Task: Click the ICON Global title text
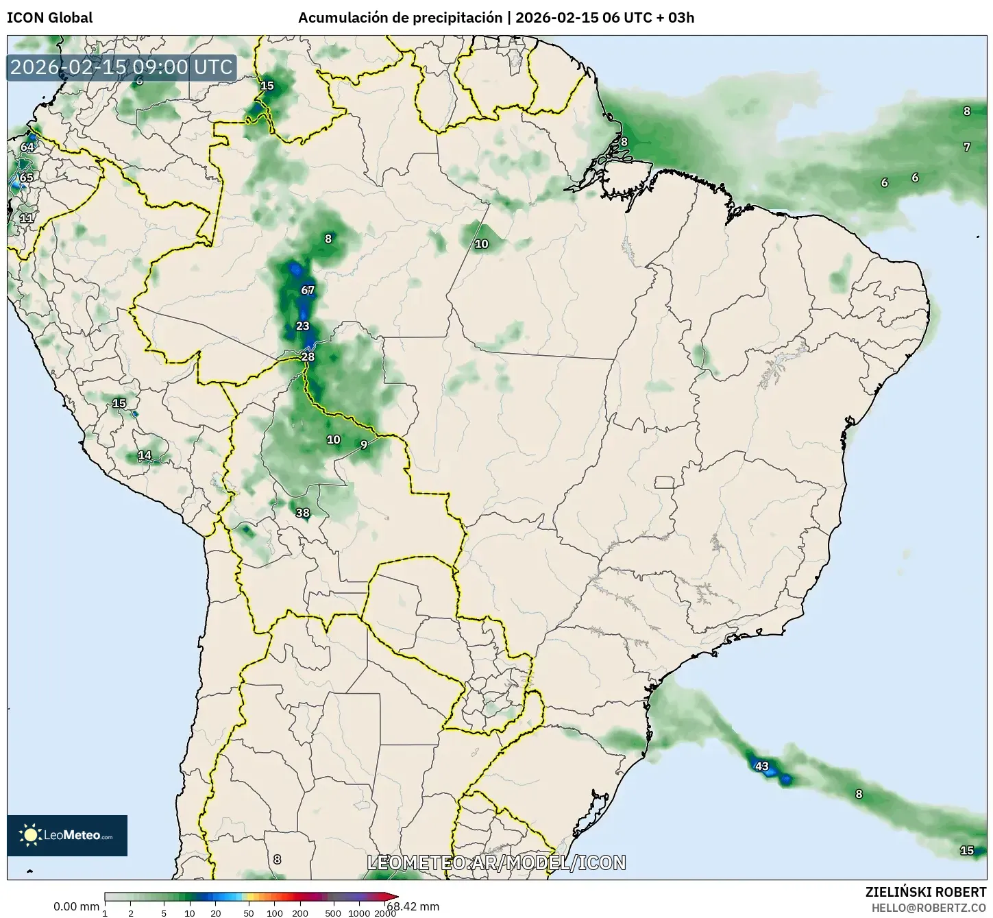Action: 49,18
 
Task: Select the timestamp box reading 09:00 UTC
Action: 122,67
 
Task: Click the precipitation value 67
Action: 308,290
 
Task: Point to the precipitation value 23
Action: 303,326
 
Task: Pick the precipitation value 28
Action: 308,357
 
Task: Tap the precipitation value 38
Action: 302,513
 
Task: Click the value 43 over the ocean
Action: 761,766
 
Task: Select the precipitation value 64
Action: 27,147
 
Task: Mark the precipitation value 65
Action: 26,178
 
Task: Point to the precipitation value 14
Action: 145,455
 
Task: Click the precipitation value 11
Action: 26,218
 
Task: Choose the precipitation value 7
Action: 966,147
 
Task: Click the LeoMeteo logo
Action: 67,835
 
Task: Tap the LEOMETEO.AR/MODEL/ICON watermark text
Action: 496,862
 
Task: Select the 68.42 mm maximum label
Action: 413,906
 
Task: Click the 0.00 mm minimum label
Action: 76,906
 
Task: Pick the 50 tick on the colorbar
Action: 249,913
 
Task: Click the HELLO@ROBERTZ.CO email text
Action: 929,907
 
